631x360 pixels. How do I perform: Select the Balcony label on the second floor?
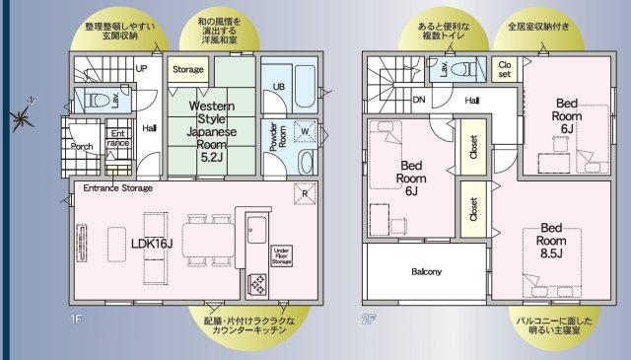click(x=426, y=271)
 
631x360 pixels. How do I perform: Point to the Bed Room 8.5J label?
click(x=551, y=239)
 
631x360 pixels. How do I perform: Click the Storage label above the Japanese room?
click(x=188, y=70)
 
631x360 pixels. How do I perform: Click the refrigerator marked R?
click(x=305, y=192)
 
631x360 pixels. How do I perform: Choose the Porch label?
click(x=83, y=146)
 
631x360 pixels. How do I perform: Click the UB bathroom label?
click(x=279, y=87)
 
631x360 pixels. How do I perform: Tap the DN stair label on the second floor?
click(x=418, y=100)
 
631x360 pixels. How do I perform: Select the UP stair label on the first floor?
click(x=141, y=69)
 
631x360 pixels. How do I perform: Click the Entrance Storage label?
click(x=117, y=187)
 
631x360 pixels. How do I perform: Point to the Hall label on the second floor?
click(x=472, y=100)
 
